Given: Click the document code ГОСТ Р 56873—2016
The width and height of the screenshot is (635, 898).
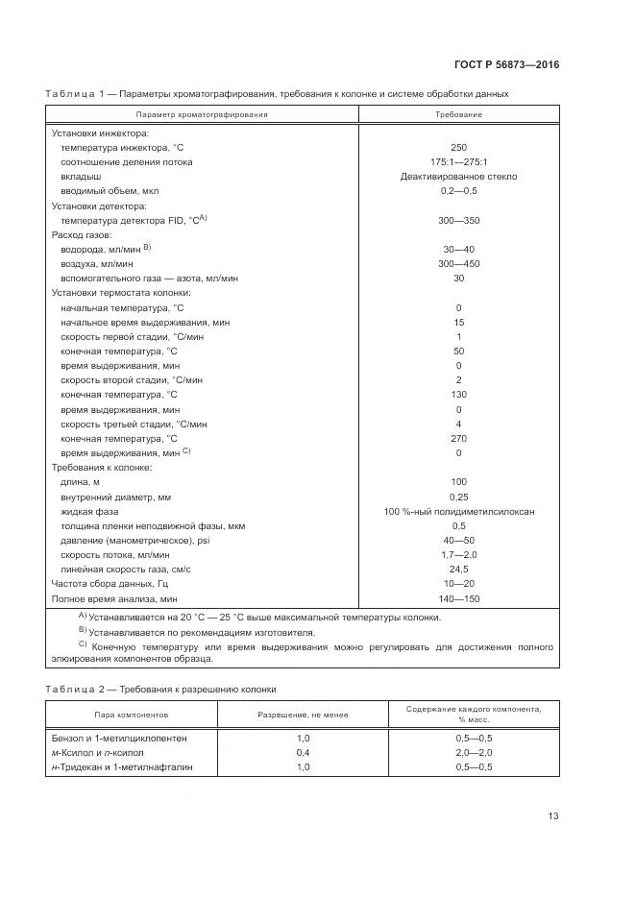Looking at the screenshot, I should point(506,64).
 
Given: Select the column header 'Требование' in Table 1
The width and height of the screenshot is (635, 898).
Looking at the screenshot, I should point(458,114).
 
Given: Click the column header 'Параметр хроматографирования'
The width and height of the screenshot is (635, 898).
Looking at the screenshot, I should point(202,114).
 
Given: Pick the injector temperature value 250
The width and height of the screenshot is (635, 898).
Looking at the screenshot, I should point(458,147).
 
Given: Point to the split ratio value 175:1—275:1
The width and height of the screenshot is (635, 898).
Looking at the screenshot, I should point(458,161).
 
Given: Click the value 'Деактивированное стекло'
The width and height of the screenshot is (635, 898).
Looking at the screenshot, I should point(458,177).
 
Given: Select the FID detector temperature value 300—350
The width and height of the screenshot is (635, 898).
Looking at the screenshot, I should point(458,220).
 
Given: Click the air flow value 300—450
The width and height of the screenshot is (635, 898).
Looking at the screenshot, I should point(458,263).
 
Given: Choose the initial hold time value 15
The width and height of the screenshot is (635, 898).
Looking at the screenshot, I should point(458,322).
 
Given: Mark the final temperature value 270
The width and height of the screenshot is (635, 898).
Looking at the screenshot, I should point(458,438).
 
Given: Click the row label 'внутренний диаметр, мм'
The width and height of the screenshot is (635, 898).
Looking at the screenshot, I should point(115,497).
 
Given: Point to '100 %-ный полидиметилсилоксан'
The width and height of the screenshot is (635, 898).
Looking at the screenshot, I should point(458,511).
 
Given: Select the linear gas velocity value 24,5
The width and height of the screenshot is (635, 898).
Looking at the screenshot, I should point(458,570).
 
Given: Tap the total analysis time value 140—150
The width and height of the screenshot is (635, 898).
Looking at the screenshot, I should point(458,598).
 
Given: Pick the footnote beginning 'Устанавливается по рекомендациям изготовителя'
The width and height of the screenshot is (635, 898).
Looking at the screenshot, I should point(202,633).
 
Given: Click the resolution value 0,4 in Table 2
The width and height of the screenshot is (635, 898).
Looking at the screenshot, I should point(303,752).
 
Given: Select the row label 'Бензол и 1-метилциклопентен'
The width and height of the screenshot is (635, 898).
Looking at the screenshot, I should point(120,738).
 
